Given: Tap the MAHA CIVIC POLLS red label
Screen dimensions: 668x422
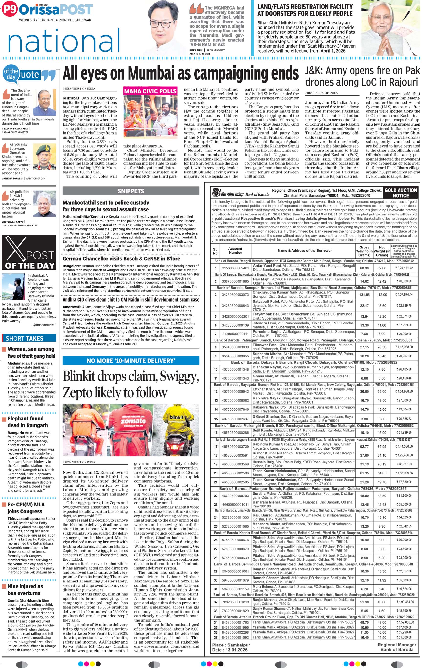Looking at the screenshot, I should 150,91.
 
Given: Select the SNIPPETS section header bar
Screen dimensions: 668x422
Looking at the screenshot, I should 131,191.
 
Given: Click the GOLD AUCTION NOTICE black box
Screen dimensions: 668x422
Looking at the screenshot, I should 400,193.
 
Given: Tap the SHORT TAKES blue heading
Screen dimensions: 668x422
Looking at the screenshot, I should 24,338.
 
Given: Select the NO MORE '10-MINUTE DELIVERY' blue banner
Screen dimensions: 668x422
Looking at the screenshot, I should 131,361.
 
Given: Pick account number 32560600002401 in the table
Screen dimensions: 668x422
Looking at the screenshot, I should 235,268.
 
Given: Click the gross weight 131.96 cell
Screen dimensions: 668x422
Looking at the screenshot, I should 364,295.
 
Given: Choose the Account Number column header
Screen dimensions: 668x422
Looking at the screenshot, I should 235,250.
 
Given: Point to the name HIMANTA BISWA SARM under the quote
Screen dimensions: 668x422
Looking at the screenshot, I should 15,129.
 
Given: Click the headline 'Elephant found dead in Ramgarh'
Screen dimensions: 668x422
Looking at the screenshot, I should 27,422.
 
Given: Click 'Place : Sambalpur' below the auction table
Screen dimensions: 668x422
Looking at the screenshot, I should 231,645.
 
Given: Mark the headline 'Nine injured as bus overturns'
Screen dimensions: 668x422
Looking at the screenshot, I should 25,590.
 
